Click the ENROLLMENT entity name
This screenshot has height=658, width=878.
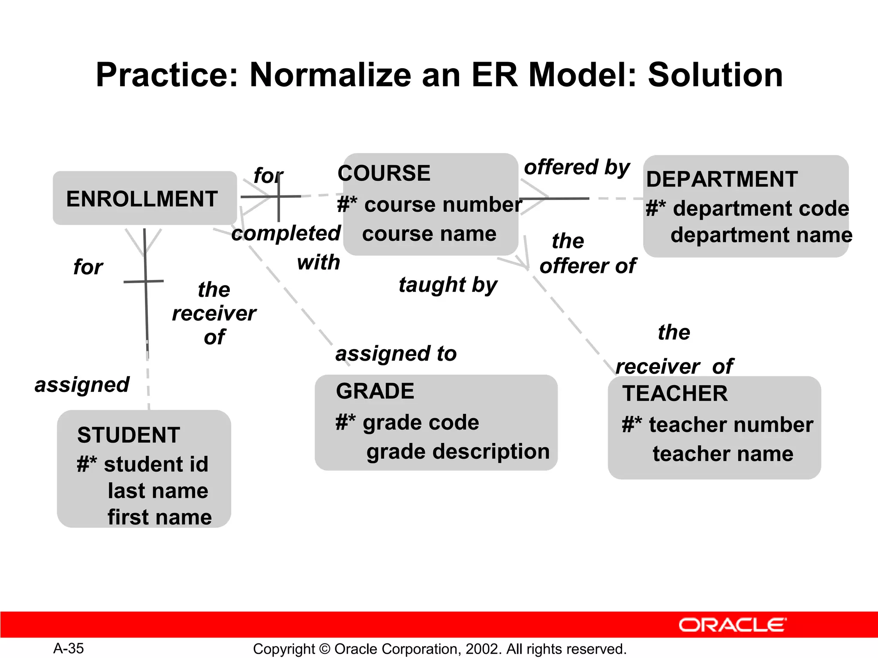point(142,199)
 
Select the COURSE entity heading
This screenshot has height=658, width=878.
point(384,173)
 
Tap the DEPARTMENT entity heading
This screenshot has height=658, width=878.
point(722,179)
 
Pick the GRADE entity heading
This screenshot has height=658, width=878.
point(375,391)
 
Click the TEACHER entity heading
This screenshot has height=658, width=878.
point(675,394)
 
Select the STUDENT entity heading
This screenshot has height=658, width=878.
point(129,435)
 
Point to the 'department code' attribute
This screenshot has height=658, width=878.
point(761,209)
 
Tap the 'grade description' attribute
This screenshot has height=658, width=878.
point(458,452)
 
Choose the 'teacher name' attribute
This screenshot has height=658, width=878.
point(723,454)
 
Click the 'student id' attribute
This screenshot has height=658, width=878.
point(156,464)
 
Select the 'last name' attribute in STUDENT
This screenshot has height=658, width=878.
point(158,491)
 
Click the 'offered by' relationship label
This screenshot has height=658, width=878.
point(577,167)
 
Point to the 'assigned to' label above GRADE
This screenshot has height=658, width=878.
point(396,354)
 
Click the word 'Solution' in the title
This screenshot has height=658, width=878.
point(715,75)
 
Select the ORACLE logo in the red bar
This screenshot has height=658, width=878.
point(732,625)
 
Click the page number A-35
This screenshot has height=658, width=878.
point(69,649)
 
